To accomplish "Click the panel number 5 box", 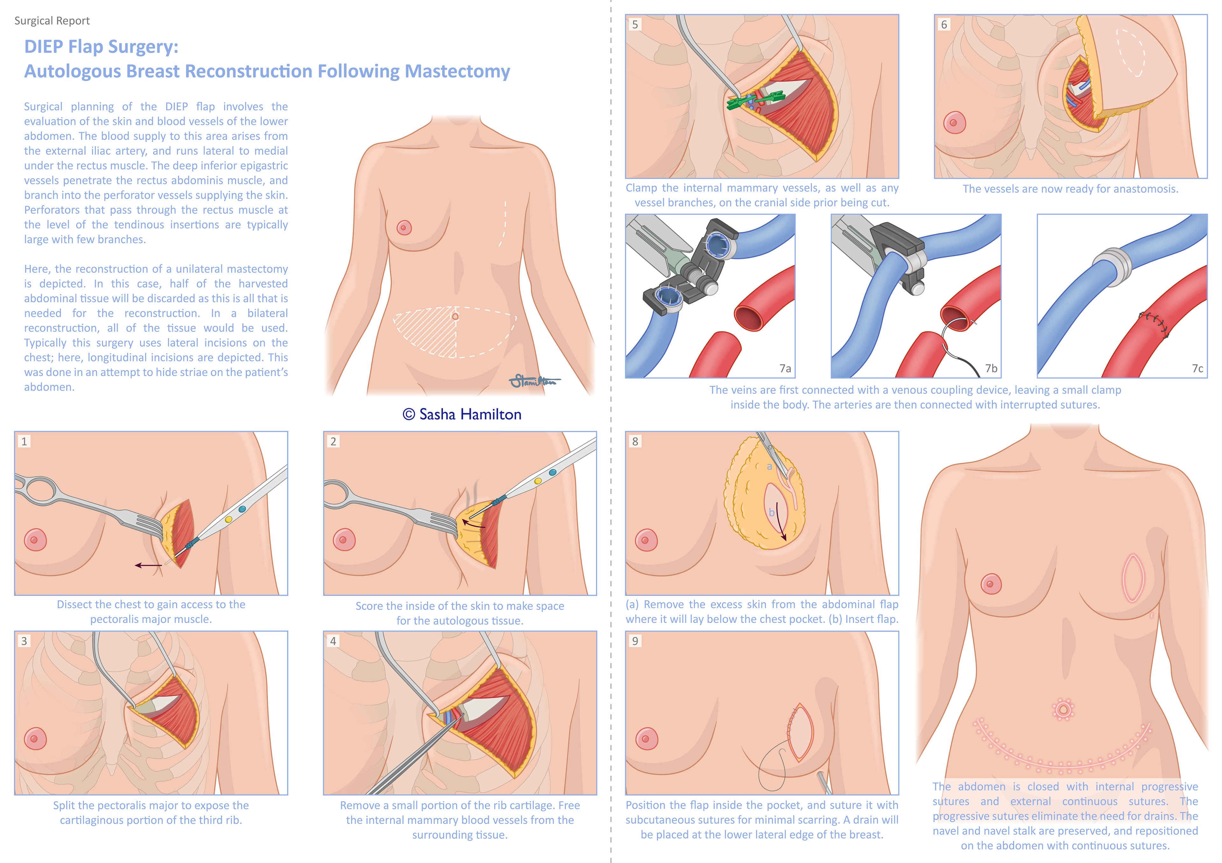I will (635, 24).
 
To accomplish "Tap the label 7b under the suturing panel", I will (991, 368).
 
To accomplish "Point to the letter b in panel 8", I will (771, 513).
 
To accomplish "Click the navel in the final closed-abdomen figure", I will (1063, 709).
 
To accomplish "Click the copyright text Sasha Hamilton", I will (462, 414).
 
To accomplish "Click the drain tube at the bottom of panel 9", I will (822, 783).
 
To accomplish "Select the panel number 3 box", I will (24, 641).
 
